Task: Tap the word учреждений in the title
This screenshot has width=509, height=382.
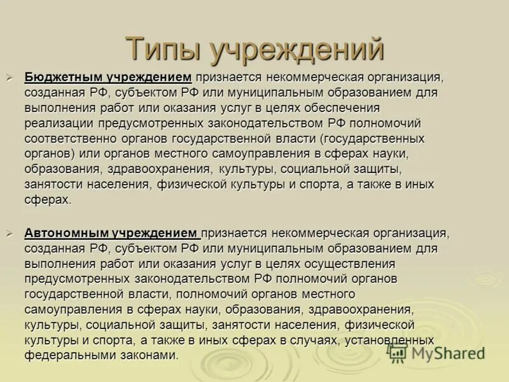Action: (x=297, y=50)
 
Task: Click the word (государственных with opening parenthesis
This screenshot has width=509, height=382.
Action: (x=373, y=138)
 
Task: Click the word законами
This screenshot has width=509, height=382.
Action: (x=145, y=355)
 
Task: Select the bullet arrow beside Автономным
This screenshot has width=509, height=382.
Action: (x=10, y=233)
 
